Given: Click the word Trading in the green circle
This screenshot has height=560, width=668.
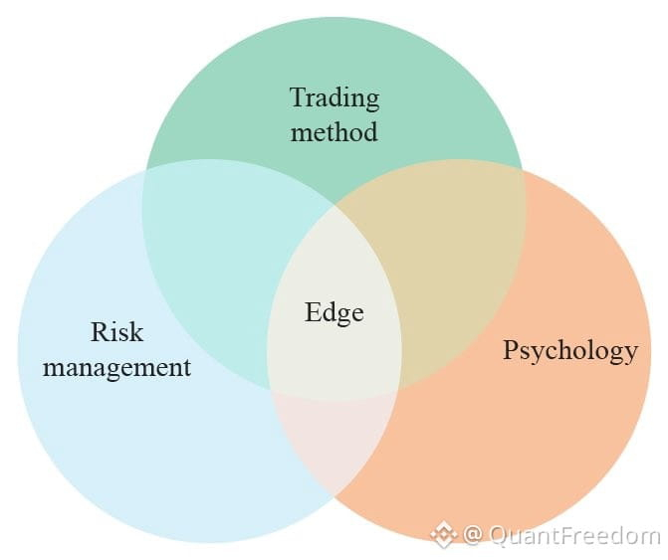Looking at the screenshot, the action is (334, 99).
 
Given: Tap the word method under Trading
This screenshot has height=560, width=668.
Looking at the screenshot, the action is (334, 131).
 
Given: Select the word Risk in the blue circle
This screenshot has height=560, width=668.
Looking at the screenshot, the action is (116, 331).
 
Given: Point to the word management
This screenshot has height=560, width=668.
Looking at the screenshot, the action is (116, 368).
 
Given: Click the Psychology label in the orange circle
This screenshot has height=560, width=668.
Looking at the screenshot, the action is (570, 351).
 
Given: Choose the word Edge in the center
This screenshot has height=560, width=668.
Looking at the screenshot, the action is (334, 312).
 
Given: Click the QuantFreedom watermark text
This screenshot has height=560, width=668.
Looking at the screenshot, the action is (575, 534).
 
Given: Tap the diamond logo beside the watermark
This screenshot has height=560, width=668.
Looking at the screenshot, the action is (443, 534).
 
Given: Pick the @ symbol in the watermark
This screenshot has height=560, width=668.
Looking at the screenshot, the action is (472, 534).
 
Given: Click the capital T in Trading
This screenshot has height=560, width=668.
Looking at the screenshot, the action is (300, 97).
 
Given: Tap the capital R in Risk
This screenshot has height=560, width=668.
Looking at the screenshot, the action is (101, 331).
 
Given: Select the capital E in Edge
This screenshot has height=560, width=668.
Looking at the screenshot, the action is (314, 311).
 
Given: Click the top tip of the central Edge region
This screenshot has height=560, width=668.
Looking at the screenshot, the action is (334, 205).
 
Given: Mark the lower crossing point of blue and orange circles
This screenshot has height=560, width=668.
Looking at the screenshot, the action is (334, 496).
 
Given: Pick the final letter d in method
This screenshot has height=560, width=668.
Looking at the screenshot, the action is (369, 131).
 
